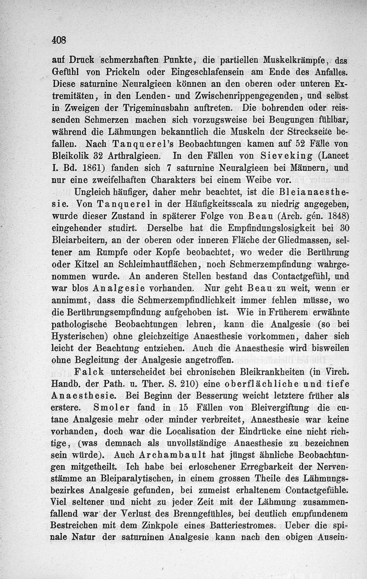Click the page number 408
point(60,40)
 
